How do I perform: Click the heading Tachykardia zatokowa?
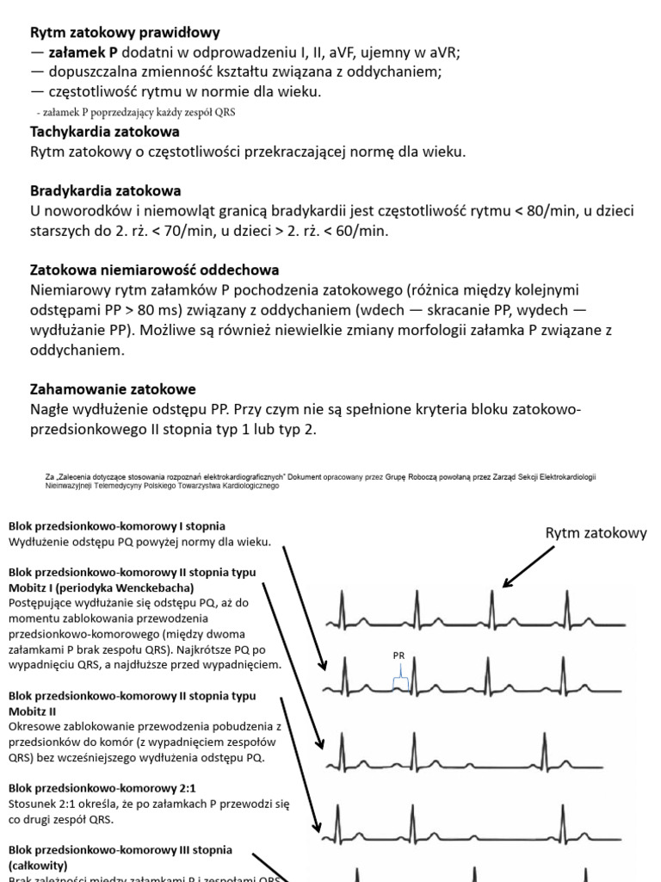pos(105,132)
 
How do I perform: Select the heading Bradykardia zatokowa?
pos(106,190)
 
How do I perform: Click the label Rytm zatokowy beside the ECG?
pos(596,533)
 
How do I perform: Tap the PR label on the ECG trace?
pos(398,655)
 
